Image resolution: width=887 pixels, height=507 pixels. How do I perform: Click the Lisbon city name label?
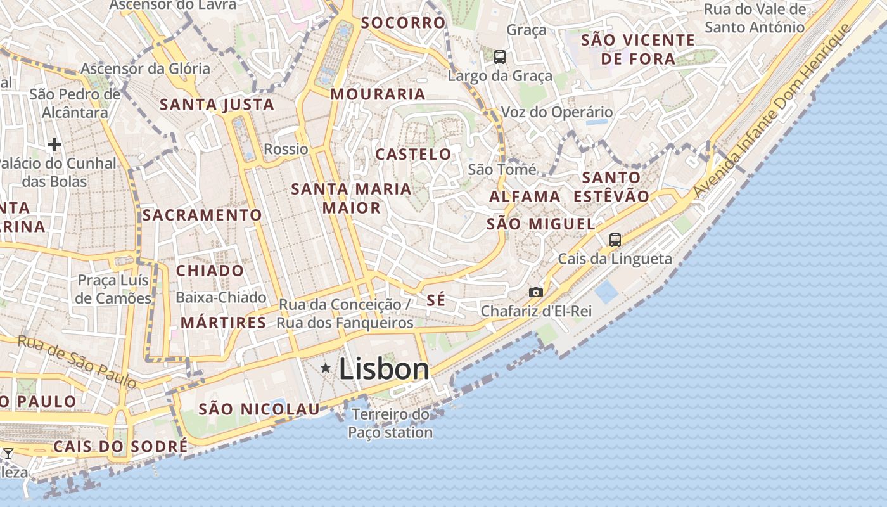(x=384, y=369)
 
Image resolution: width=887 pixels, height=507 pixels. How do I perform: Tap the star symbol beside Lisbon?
(x=326, y=368)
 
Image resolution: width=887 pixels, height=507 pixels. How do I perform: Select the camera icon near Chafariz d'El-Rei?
(x=536, y=292)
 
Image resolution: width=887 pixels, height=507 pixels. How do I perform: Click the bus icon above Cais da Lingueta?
(x=615, y=240)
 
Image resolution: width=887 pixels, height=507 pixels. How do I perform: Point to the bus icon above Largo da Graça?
(x=500, y=57)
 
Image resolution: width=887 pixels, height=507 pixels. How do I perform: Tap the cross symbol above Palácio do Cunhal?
(x=54, y=144)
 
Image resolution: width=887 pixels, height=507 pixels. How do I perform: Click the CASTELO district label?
(x=414, y=154)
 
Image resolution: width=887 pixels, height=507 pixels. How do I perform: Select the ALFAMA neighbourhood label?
(x=525, y=196)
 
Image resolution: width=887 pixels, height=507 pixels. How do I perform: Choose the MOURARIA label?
(x=378, y=94)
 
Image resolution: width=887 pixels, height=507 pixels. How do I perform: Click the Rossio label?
(x=286, y=150)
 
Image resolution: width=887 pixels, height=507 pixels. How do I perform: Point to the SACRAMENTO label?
(x=202, y=215)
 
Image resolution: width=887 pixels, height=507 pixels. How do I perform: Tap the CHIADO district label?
(x=210, y=271)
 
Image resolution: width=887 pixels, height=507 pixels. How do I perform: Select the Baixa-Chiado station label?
(x=221, y=297)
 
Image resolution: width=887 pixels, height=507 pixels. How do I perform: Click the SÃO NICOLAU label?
(x=260, y=409)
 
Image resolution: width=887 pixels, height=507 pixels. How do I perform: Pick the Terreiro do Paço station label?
(x=390, y=423)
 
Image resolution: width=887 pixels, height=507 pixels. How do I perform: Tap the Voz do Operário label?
(x=557, y=112)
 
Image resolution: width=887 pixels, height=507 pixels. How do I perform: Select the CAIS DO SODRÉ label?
(x=120, y=446)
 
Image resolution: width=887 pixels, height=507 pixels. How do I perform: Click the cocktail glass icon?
(x=8, y=454)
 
